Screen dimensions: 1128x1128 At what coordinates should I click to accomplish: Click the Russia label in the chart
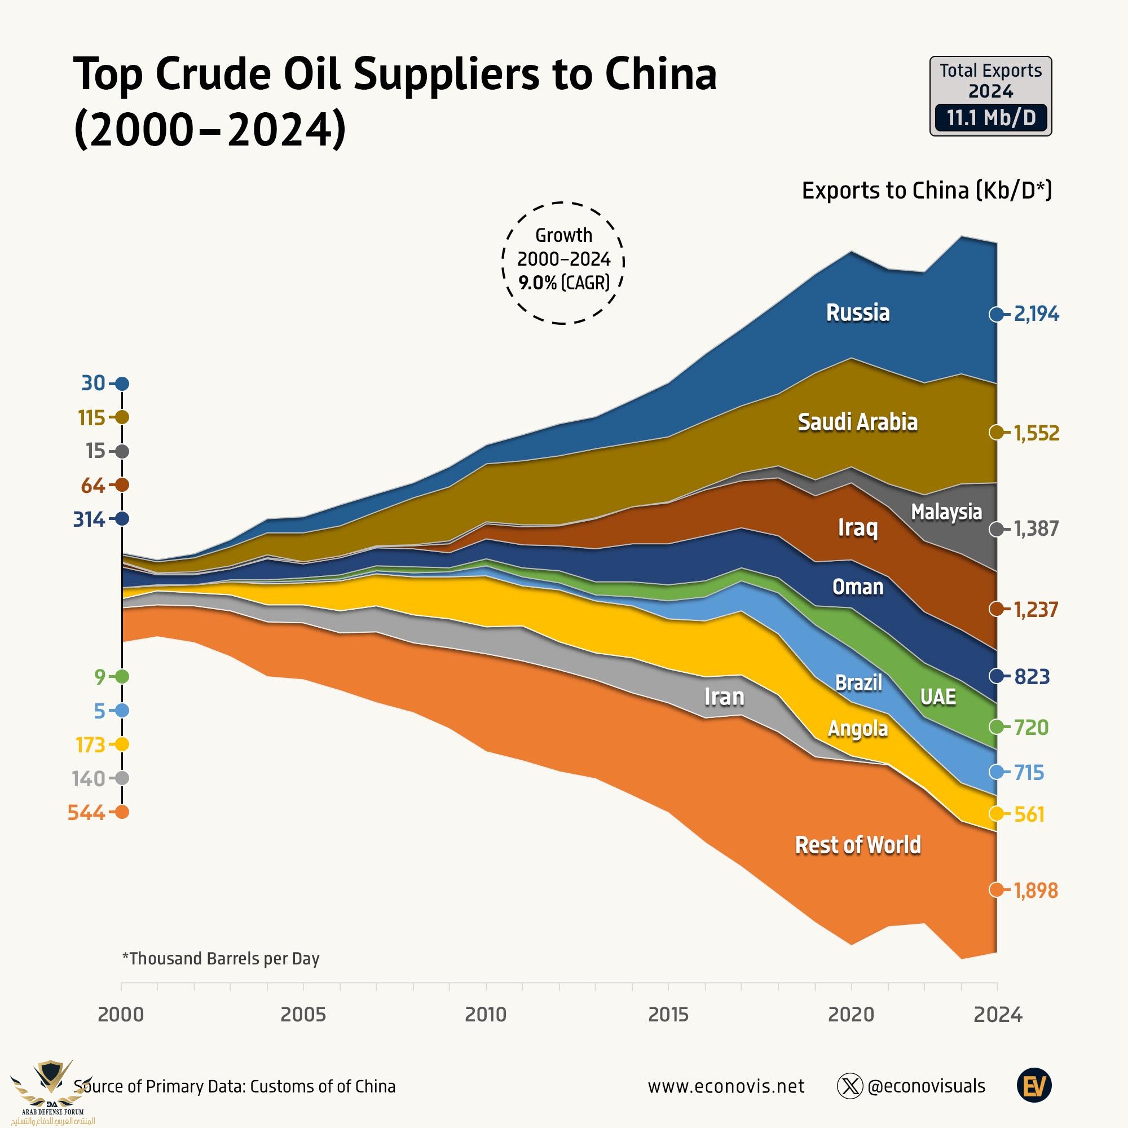[x=857, y=313]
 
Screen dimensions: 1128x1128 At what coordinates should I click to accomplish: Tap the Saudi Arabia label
[x=857, y=422]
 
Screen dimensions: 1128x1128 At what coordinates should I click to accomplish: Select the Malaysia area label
[x=946, y=512]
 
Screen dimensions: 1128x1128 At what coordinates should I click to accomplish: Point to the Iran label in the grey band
[x=724, y=697]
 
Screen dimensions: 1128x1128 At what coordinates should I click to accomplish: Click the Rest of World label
[x=858, y=845]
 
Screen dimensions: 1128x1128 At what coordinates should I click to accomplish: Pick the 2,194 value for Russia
[x=1036, y=314]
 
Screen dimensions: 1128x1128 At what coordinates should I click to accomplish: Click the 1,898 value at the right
[x=1035, y=891]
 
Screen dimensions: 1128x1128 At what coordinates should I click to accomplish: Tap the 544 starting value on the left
[x=86, y=812]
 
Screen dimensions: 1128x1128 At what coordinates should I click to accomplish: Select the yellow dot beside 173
[x=122, y=744]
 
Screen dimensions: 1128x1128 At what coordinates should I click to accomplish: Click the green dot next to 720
[x=997, y=727]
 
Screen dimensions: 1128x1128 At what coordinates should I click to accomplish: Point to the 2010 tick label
[x=486, y=1014]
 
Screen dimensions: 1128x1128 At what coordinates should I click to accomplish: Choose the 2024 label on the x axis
[x=998, y=1014]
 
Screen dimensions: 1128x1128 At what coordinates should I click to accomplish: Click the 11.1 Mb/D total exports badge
[x=991, y=118]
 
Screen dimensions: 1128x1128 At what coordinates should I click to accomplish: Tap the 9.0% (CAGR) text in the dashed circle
[x=563, y=283]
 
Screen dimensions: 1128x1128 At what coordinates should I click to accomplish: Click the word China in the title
[x=660, y=75]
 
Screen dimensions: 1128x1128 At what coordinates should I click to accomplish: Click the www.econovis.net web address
[x=726, y=1086]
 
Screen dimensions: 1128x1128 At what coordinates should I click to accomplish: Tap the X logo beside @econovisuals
[x=849, y=1086]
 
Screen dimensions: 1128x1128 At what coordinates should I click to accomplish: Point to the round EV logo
[x=1034, y=1086]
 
